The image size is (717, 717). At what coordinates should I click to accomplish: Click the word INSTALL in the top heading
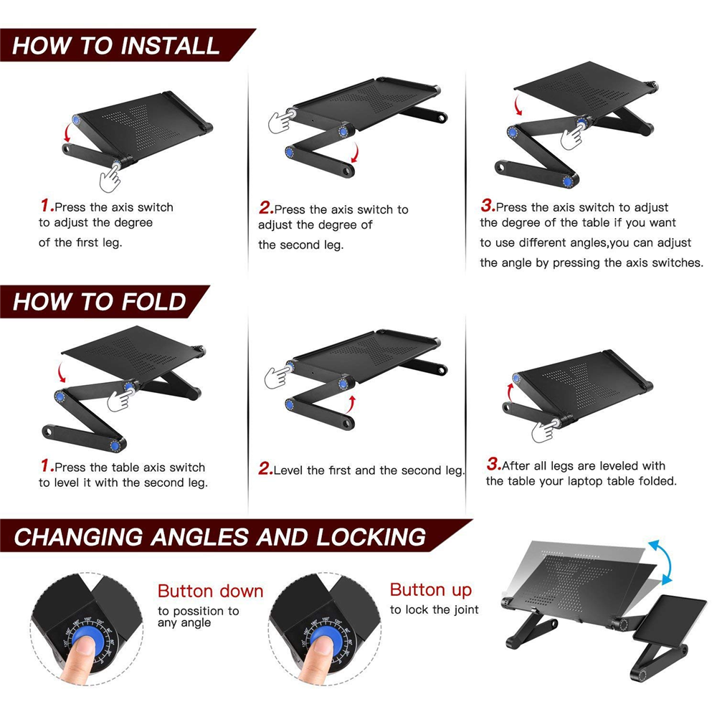coord(170,46)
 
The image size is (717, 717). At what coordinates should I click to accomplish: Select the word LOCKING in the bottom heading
coord(371,537)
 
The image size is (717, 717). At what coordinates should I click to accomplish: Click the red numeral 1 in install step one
coord(47,205)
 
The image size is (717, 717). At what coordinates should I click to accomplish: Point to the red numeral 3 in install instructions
coord(488,205)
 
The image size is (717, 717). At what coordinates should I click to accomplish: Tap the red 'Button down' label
coord(210,591)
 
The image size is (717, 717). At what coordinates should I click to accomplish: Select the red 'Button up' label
coord(431,590)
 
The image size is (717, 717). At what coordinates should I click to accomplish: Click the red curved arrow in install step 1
coord(67,134)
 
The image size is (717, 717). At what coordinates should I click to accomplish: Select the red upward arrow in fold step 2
coord(351,404)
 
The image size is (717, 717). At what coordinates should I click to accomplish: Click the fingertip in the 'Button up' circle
coord(323,646)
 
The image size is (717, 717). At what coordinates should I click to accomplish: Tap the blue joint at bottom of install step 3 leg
coord(567,181)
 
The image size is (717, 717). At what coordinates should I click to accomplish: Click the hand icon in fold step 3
coord(545,430)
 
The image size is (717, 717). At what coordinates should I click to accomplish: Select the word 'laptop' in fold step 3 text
coord(586,482)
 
